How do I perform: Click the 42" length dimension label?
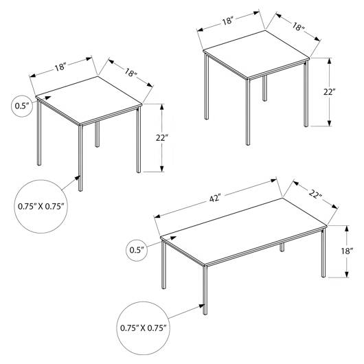(x=215, y=198)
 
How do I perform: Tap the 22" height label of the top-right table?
(x=330, y=92)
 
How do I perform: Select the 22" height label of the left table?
(x=162, y=137)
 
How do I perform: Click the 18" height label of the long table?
(x=347, y=251)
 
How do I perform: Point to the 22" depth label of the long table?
(x=315, y=194)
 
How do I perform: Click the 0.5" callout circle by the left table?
(x=22, y=106)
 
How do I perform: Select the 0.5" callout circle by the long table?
(x=137, y=250)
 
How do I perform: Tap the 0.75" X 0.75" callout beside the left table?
(x=41, y=206)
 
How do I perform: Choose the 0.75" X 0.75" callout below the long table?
(x=143, y=328)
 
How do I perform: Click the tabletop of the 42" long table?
(x=244, y=231)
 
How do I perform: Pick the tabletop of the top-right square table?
(x=256, y=55)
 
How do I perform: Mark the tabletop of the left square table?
(x=89, y=101)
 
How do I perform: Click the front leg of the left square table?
(x=80, y=159)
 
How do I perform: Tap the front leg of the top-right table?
(x=248, y=112)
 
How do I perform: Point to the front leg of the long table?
(x=205, y=290)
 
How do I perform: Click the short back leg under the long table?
(x=282, y=247)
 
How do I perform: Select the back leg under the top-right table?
(x=264, y=88)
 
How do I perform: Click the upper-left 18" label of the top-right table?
(x=228, y=21)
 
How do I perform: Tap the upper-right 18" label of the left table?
(x=130, y=73)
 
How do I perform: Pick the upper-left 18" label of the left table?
(x=60, y=67)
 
